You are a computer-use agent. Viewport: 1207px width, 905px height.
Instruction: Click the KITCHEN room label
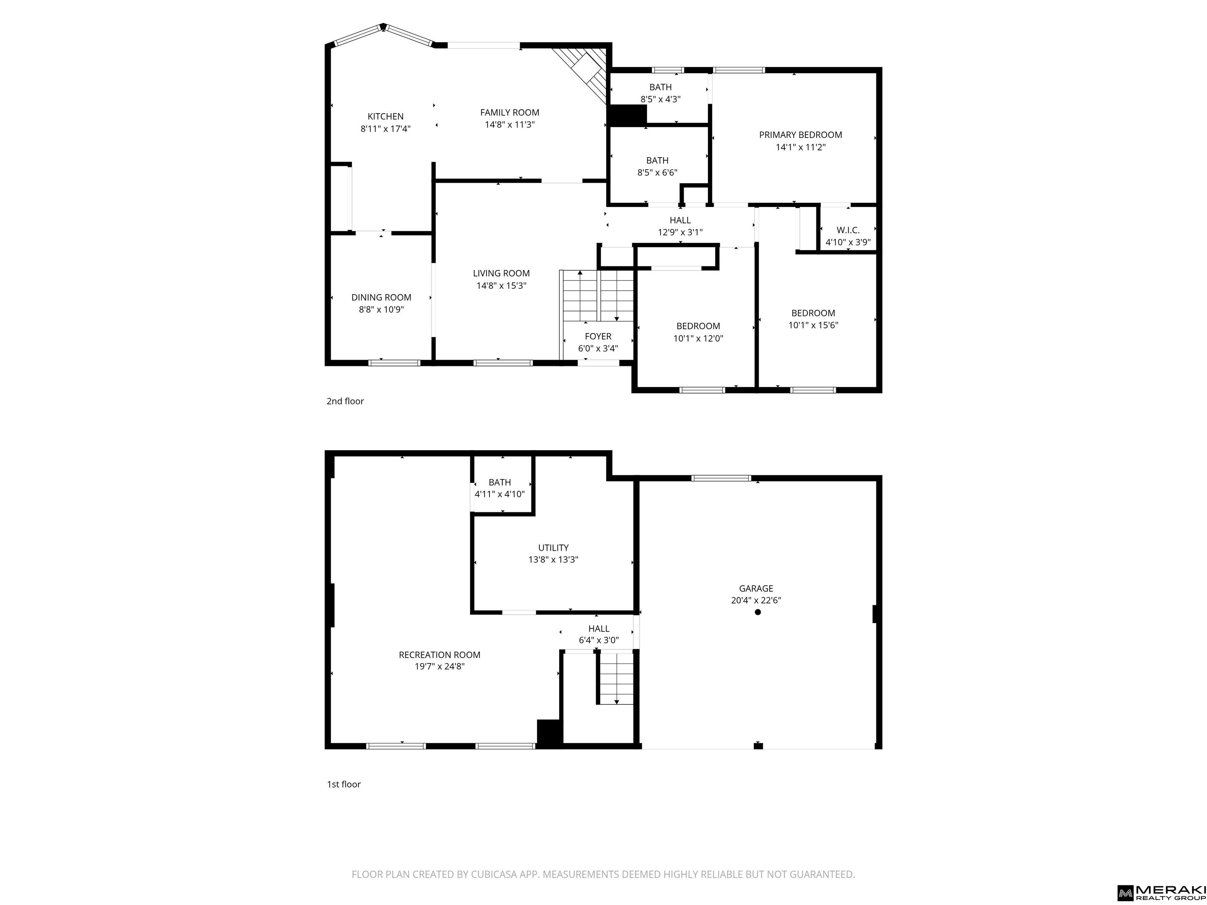[385, 116]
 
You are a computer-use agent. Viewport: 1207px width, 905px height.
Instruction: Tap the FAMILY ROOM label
[510, 112]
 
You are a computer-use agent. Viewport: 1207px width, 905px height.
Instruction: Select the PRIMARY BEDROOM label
[800, 135]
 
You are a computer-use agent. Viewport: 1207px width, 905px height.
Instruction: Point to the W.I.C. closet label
[848, 230]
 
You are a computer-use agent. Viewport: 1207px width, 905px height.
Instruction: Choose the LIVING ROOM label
[501, 273]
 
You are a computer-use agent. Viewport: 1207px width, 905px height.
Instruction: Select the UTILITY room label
[553, 548]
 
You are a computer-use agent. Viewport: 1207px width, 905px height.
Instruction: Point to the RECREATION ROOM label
[440, 655]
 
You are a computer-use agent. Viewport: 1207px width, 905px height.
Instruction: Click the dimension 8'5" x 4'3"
[660, 99]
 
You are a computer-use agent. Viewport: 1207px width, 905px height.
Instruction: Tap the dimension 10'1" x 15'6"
[813, 325]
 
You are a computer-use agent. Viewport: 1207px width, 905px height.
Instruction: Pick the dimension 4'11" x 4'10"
[500, 494]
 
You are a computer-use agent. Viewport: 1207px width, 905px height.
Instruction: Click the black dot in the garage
[758, 612]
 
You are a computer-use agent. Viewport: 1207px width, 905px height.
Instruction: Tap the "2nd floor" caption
[345, 401]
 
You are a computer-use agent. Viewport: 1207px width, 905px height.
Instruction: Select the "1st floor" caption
[344, 784]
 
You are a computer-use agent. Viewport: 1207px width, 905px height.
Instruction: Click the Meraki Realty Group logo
[1161, 892]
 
